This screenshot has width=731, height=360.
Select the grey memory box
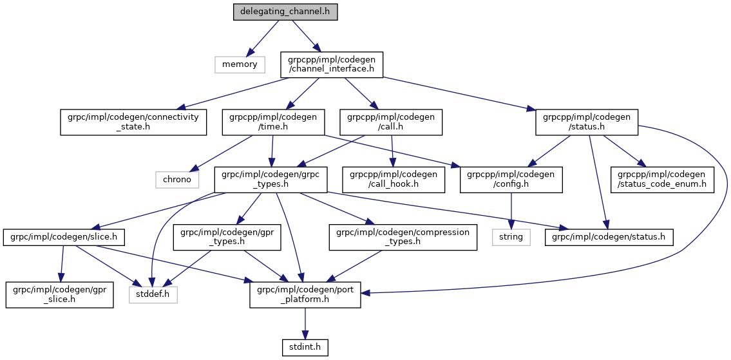click(240, 64)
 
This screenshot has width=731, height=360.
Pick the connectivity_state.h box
click(133, 122)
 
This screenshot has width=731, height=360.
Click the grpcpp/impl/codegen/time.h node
click(272, 122)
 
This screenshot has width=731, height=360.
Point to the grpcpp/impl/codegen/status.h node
click(587, 122)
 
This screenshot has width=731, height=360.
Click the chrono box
click(176, 179)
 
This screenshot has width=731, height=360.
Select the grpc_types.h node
click(271, 179)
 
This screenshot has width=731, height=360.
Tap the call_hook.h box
click(393, 179)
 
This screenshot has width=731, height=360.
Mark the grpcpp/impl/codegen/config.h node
click(511, 179)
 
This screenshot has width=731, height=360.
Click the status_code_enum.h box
click(663, 179)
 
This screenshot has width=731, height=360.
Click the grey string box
click(512, 237)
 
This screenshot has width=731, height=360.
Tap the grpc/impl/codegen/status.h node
click(609, 237)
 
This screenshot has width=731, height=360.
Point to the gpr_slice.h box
click(60, 294)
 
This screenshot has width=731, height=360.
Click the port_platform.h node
click(305, 294)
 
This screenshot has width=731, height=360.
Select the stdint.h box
click(305, 347)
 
